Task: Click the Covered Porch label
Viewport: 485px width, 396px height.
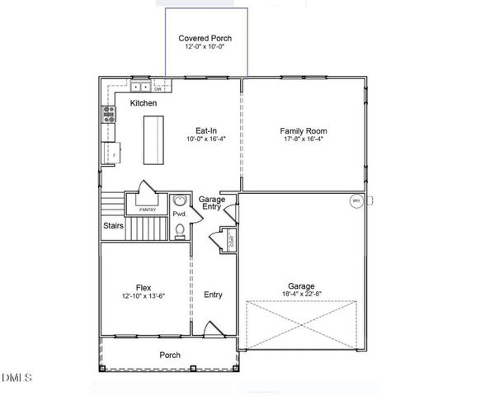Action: tap(205, 39)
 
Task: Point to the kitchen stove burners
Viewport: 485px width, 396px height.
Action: tap(107, 115)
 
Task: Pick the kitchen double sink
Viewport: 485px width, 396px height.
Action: tap(140, 87)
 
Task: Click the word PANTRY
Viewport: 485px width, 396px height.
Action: tap(148, 210)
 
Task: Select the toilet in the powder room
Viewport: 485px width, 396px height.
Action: tap(179, 230)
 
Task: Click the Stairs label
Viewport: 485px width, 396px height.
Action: tap(114, 225)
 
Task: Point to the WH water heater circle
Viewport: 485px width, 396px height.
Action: tap(356, 201)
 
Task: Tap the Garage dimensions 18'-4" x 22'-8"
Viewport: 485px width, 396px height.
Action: tap(302, 289)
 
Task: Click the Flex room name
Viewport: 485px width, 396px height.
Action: tap(143, 287)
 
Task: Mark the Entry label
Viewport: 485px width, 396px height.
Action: tap(213, 295)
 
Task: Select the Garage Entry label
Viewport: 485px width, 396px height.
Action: tap(212, 202)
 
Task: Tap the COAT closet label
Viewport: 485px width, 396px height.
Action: tap(232, 241)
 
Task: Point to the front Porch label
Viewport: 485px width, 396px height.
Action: tap(171, 355)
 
